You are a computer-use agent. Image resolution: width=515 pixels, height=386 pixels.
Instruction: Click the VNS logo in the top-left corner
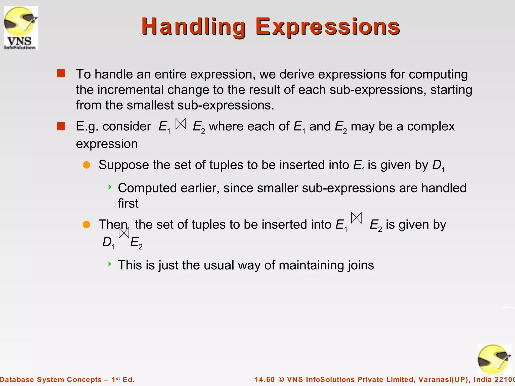(x=21, y=28)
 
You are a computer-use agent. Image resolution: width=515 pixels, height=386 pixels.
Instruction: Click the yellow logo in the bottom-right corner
(x=494, y=360)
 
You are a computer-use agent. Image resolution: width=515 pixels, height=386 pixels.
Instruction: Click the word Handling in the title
(x=194, y=27)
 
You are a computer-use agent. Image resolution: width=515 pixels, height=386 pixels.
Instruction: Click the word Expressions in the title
(x=327, y=27)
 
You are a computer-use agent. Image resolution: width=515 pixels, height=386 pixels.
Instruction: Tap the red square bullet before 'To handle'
(x=61, y=74)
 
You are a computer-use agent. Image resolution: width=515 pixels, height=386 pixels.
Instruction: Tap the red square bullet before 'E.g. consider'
(x=61, y=126)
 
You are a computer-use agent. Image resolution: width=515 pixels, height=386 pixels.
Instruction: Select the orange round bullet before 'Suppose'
(x=87, y=165)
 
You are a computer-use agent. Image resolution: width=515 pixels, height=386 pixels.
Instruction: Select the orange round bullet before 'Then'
(x=87, y=224)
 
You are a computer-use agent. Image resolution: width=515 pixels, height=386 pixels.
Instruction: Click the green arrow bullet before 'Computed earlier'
(x=110, y=187)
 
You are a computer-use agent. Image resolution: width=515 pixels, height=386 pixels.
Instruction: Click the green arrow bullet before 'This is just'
(x=110, y=264)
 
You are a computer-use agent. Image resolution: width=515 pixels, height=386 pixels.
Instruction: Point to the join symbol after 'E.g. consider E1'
(x=181, y=124)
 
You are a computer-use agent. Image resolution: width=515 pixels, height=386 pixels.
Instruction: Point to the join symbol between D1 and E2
(x=124, y=233)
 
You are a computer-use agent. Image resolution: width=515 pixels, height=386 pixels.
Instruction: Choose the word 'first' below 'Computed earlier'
(x=128, y=203)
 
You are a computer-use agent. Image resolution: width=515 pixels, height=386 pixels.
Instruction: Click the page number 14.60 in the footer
(x=265, y=379)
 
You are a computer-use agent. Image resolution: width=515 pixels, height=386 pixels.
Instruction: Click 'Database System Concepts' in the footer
(x=50, y=379)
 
